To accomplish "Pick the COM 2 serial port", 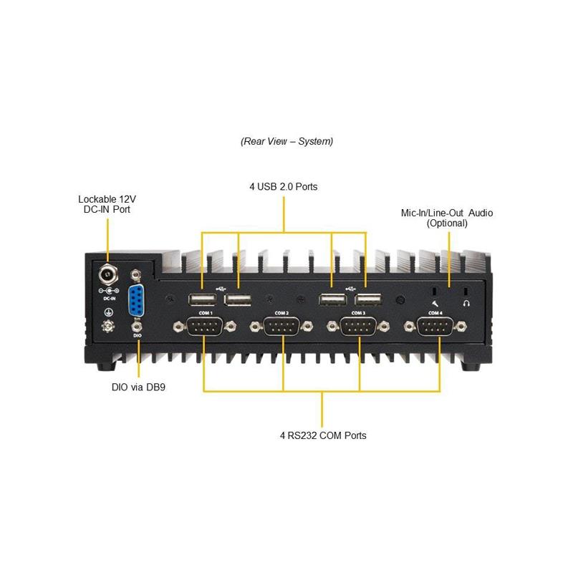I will click(x=281, y=327).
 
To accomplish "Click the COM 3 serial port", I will click(x=359, y=327).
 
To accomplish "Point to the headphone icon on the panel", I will click(x=466, y=303).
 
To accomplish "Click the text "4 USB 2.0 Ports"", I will click(x=284, y=186).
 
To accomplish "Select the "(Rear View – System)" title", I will click(x=286, y=141).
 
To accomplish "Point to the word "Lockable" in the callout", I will click(x=96, y=198).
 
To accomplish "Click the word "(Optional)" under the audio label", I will click(x=447, y=223).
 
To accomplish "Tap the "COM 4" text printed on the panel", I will click(x=435, y=313).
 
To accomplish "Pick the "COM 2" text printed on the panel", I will click(x=281, y=313).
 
